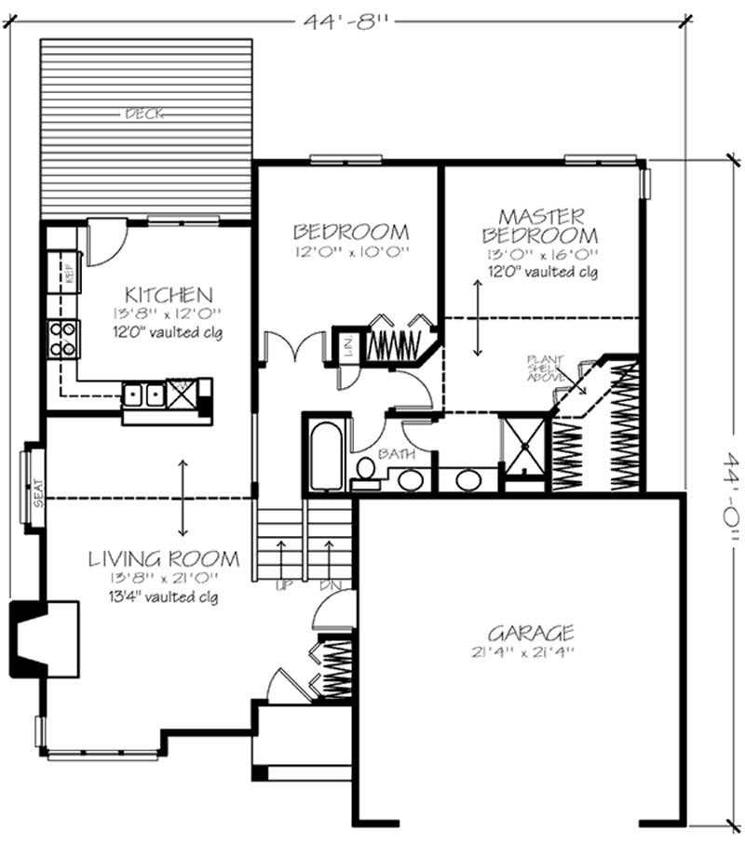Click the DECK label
click(x=145, y=114)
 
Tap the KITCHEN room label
click(x=170, y=295)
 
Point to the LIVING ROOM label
click(x=164, y=559)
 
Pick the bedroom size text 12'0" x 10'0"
click(x=351, y=252)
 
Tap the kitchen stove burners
click(x=63, y=340)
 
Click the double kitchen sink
click(x=144, y=395)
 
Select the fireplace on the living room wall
click(x=37, y=637)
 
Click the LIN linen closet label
click(x=345, y=347)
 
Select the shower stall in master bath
click(x=522, y=449)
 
